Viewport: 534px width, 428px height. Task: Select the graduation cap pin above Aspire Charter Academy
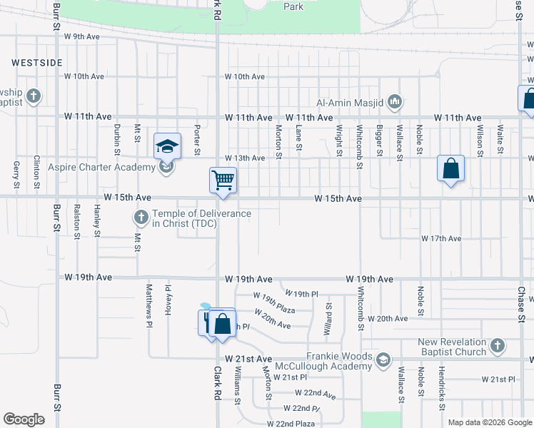coord(167,146)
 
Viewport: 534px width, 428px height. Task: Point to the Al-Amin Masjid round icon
coord(396,103)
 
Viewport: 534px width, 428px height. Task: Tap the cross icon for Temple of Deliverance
coord(141,215)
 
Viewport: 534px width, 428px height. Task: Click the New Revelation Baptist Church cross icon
coord(497,347)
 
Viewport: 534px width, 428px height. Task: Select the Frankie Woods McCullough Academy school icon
coord(384,360)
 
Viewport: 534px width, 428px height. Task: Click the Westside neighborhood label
coord(37,63)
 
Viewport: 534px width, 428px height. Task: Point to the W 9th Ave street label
coord(81,36)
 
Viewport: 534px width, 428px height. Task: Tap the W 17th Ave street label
coord(440,238)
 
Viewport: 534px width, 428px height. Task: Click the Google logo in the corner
coord(24,419)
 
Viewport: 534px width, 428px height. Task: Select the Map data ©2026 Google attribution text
coord(489,422)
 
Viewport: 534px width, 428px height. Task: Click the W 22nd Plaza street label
coord(291,424)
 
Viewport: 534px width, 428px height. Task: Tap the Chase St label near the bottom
coord(521,303)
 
